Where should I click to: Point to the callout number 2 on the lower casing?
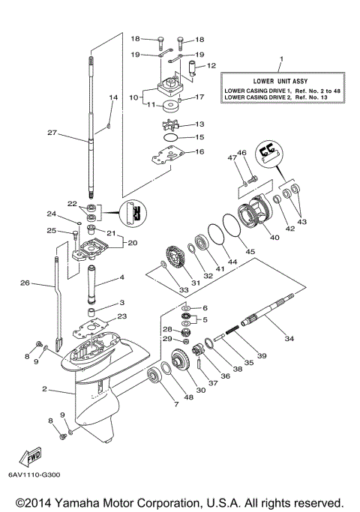(x=45, y=389)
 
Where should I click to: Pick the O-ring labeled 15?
(x=169, y=138)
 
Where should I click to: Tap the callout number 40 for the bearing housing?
(x=274, y=238)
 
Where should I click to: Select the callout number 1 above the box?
(x=281, y=58)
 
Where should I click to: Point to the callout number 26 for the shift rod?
(x=24, y=283)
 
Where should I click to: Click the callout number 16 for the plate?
(x=199, y=151)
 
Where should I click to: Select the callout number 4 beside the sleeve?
(x=120, y=278)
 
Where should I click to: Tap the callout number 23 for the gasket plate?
(x=121, y=316)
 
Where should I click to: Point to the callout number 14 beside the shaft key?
(x=113, y=97)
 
